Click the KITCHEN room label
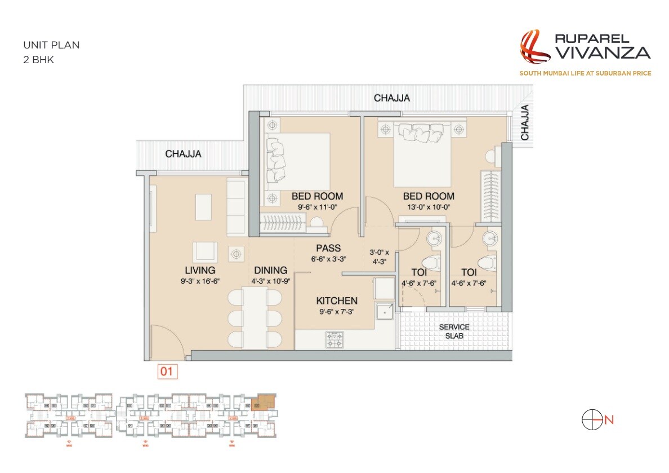(337, 300)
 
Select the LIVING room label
(200, 270)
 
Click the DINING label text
(270, 270)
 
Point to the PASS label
(328, 248)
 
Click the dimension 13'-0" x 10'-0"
(428, 206)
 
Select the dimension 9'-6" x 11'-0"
(316, 206)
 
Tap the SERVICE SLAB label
(454, 331)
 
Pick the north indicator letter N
(609, 419)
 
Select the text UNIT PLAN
(51, 45)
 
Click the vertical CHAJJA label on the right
(525, 122)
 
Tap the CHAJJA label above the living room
(183, 153)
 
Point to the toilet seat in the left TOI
(431, 263)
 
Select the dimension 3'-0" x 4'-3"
(383, 257)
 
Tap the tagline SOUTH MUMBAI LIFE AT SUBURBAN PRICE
(585, 73)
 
